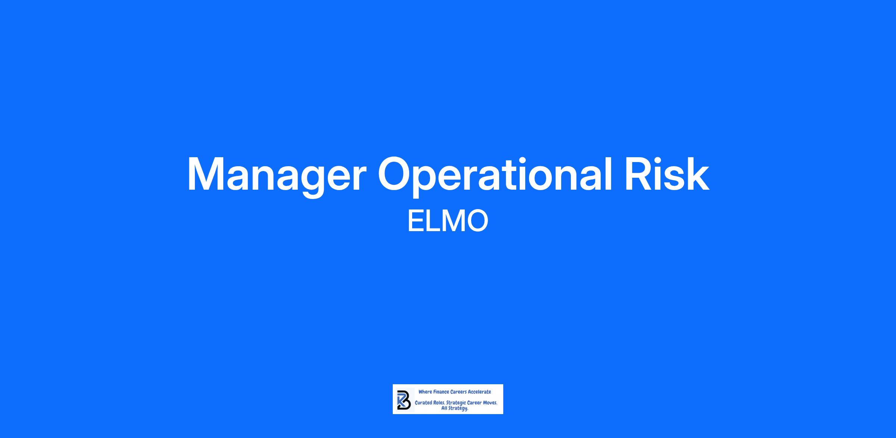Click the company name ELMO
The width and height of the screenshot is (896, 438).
[x=448, y=221]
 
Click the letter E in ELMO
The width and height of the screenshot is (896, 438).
[x=415, y=221]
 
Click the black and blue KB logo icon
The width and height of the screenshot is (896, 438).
[x=404, y=399]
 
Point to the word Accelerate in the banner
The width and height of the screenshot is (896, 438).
[x=479, y=392]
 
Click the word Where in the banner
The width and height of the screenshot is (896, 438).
[x=425, y=392]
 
